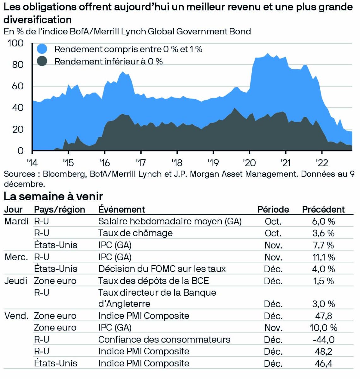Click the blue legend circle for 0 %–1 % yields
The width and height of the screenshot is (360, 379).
pyautogui.click(x=42, y=49)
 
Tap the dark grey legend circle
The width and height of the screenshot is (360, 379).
pyautogui.click(x=42, y=61)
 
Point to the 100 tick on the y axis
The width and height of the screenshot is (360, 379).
pyautogui.click(x=15, y=43)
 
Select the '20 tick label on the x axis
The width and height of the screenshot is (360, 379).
pyautogui.click(x=249, y=163)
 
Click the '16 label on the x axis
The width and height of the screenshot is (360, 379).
pyautogui.click(x=104, y=163)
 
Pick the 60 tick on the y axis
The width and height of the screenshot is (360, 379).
pyautogui.click(x=17, y=86)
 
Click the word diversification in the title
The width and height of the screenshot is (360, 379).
pyautogui.click(x=38, y=20)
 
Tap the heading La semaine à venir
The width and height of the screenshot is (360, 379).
pyautogui.click(x=53, y=196)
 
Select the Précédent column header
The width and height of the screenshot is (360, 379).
pyautogui.click(x=323, y=209)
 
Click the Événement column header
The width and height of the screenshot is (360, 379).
pyautogui.click(x=121, y=209)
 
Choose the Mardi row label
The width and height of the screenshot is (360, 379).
pyautogui.click(x=16, y=221)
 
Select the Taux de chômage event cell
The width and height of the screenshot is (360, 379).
pyautogui.click(x=135, y=233)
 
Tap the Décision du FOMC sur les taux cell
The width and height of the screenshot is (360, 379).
pyautogui.click(x=162, y=269)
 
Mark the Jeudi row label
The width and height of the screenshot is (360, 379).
pyautogui.click(x=16, y=281)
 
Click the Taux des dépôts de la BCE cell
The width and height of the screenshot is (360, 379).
pyautogui.click(x=153, y=281)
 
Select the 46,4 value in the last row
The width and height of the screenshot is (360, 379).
pyautogui.click(x=323, y=363)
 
